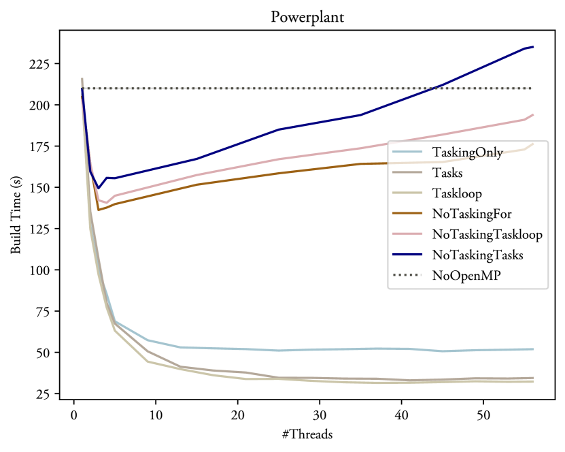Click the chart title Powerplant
[307, 17]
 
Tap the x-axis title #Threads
[307, 434]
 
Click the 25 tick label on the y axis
[42, 394]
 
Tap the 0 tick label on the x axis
[74, 415]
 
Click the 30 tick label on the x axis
[319, 415]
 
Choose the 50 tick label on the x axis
[482, 415]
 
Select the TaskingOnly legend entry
[467, 152]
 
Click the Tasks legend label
[448, 173]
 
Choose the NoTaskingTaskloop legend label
[486, 235]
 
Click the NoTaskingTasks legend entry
[477, 255]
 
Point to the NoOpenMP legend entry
[462, 276]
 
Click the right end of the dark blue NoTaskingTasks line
[533, 47]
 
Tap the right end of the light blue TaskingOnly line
[533, 349]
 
